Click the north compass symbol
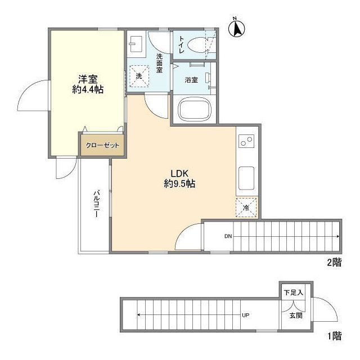(x=237, y=28)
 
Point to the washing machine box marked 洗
(x=138, y=76)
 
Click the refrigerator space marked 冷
(x=246, y=208)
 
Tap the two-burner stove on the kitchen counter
(x=246, y=141)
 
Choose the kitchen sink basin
(x=246, y=178)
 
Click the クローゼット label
(x=102, y=146)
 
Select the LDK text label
(x=179, y=173)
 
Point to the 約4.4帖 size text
(x=88, y=89)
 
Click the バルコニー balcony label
(x=96, y=204)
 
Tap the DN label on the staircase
(x=228, y=236)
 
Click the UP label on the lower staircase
(x=245, y=315)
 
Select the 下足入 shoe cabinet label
(x=294, y=292)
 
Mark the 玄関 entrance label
(x=296, y=316)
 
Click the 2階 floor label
(x=334, y=263)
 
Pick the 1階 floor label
(x=335, y=336)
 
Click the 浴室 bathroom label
(x=191, y=80)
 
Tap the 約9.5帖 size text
(x=179, y=184)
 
